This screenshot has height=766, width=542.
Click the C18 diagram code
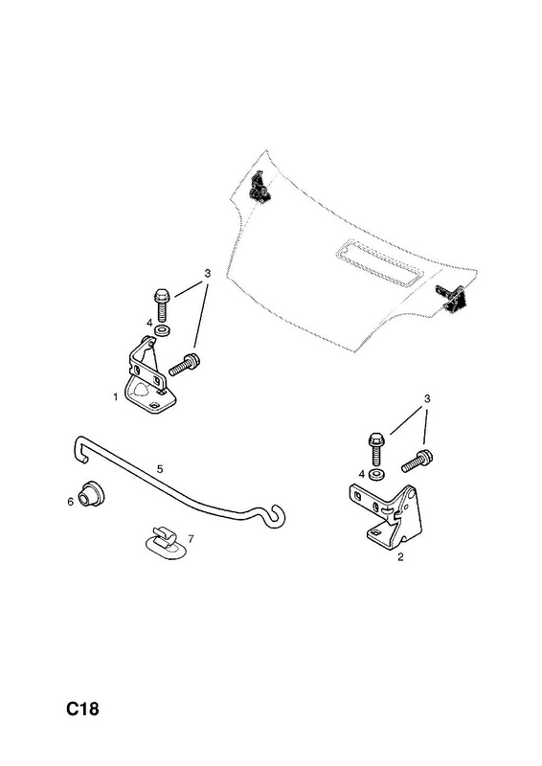[82, 709]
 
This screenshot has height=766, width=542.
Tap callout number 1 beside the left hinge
[116, 397]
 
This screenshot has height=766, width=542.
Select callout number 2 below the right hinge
[400, 556]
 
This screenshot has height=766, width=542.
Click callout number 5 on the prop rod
[160, 469]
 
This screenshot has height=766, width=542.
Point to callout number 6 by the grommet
[70, 502]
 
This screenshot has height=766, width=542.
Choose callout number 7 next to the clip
[191, 539]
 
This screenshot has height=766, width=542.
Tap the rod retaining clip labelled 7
[166, 543]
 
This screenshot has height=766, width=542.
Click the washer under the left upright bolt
[162, 329]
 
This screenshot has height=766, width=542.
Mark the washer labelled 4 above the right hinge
[376, 473]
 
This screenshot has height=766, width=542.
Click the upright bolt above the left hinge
[161, 304]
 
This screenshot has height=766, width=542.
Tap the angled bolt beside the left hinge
[185, 365]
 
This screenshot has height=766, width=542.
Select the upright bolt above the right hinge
[375, 448]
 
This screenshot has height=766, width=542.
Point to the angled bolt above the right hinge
[417, 462]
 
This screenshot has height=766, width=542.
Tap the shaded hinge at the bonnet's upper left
[260, 186]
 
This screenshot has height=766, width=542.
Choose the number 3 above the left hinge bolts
[207, 273]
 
